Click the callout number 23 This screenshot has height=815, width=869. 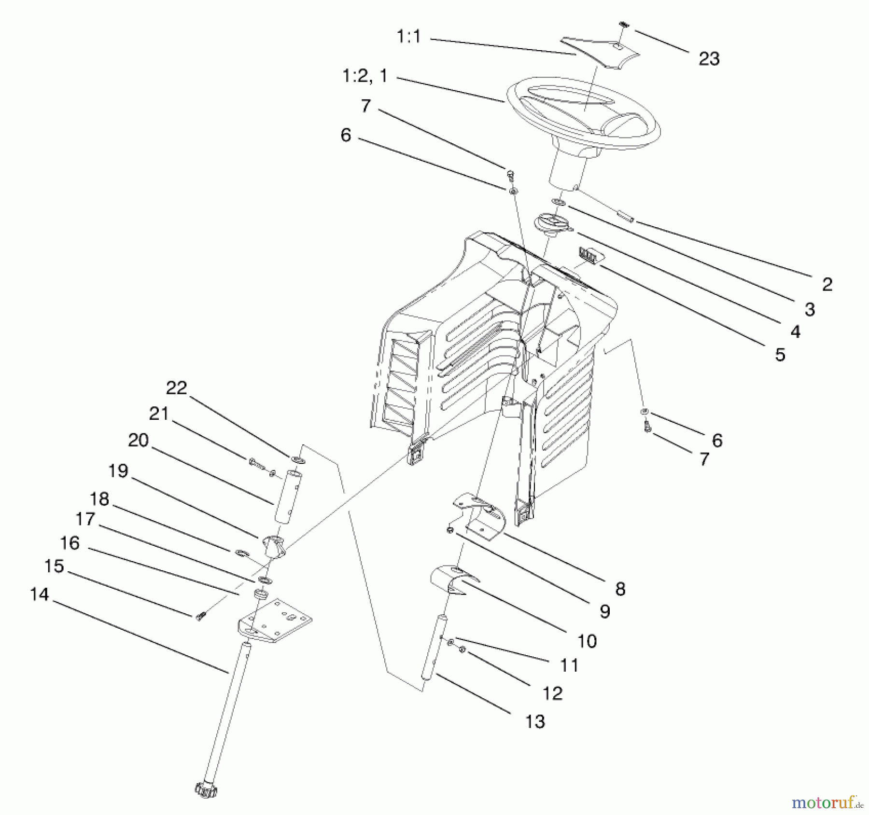coord(709,59)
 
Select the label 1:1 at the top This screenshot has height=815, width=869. coord(408,37)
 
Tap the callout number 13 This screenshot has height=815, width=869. coord(535,721)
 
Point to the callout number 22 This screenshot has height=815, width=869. coord(176,388)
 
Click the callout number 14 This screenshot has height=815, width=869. coord(39,594)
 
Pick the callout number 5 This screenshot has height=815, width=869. coord(780,355)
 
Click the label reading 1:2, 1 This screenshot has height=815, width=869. coord(364,76)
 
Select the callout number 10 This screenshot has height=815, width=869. coord(587,641)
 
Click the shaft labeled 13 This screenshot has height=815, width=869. coord(434,647)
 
